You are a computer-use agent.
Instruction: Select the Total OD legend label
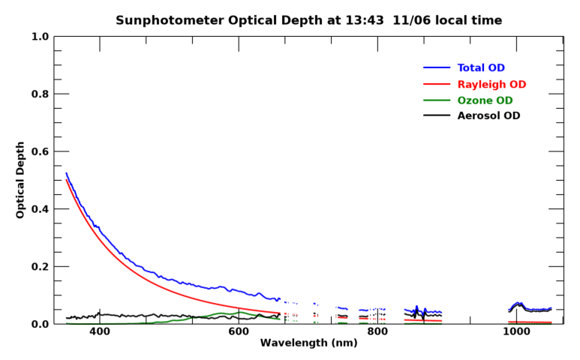click(x=481, y=68)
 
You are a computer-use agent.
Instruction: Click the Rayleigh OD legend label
click(x=491, y=84)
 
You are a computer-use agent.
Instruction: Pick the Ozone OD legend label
click(x=485, y=100)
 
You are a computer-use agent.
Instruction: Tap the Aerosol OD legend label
click(x=488, y=116)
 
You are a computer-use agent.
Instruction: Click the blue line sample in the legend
click(x=437, y=68)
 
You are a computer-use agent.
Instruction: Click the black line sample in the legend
click(x=437, y=115)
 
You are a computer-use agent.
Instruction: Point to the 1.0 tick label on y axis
click(x=41, y=37)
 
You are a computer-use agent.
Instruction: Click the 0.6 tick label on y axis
click(x=41, y=151)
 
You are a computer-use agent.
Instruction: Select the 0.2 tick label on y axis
click(x=41, y=267)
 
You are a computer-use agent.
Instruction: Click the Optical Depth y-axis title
click(x=20, y=180)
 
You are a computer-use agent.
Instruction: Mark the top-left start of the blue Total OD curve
click(x=67, y=173)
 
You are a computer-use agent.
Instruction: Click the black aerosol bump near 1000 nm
click(x=518, y=304)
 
